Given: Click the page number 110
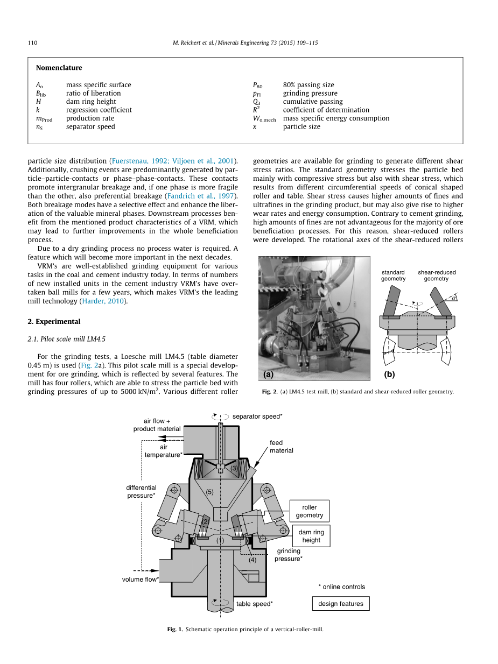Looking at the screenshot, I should tap(32, 43).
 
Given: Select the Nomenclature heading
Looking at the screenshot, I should tap(59, 68).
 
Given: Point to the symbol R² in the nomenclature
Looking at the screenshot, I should tap(257, 110).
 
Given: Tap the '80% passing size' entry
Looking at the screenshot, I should tap(308, 85).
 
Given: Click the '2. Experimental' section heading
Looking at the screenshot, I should tap(54, 322).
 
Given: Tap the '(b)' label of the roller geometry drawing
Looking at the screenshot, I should tap(389, 375).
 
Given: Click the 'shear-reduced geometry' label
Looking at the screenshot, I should tap(436, 276).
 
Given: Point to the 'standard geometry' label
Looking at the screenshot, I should tap(393, 276).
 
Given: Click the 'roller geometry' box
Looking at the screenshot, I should tap(310, 511).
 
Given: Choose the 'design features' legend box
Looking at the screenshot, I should tap(341, 604).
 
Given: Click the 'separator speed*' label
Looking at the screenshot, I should tap(257, 416).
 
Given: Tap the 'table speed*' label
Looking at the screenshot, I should tap(254, 604).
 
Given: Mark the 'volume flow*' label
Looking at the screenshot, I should tap(141, 580).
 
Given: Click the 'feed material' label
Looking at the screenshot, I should tap(281, 447).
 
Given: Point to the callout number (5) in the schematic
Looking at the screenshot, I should tap(210, 492).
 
